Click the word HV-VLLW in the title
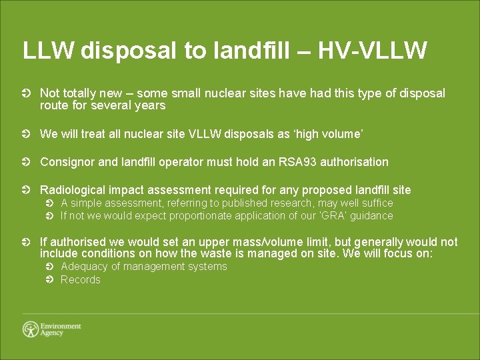373,50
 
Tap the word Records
80,280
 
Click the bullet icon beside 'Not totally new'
26,94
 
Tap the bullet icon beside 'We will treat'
26,135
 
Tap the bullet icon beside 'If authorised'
26,243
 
